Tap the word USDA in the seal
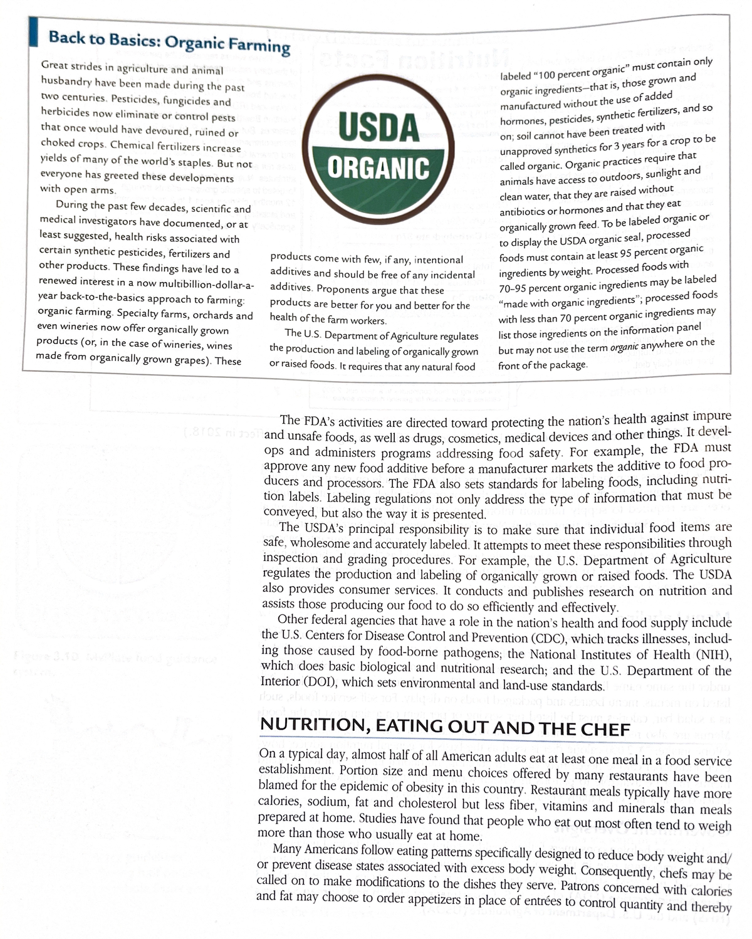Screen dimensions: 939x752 (379, 127)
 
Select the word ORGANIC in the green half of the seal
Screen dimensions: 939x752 (379, 167)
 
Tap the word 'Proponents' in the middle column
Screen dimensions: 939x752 (345, 290)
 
